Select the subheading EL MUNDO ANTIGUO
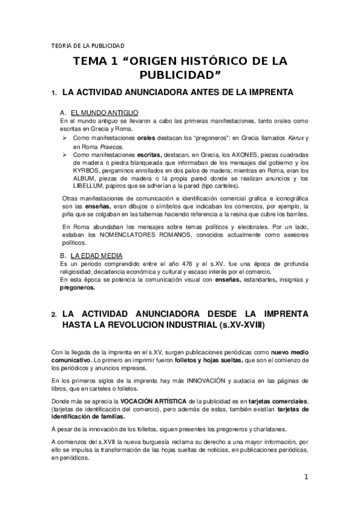tap(105, 112)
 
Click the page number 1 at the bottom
tap(306, 477)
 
